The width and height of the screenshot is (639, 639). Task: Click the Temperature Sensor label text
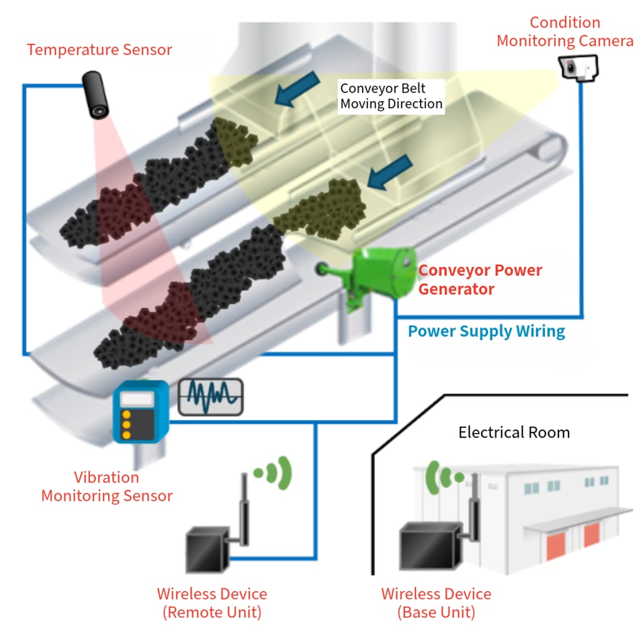pyautogui.click(x=99, y=50)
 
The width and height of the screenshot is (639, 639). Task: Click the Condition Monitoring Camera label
pyautogui.click(x=565, y=32)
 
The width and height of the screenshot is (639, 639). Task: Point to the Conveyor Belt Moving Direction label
pyautogui.click(x=391, y=96)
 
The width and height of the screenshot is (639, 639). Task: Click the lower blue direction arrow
pyautogui.click(x=389, y=172)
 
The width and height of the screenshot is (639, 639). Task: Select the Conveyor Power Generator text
pyautogui.click(x=479, y=280)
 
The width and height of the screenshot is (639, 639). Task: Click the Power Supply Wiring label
pyautogui.click(x=486, y=331)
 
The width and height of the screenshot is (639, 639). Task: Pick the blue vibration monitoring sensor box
pyautogui.click(x=140, y=411)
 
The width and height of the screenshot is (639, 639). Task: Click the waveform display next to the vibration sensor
pyautogui.click(x=211, y=397)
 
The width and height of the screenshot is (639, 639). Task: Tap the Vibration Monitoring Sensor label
pyautogui.click(x=107, y=487)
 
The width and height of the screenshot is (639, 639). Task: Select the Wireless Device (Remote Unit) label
pyautogui.click(x=212, y=603)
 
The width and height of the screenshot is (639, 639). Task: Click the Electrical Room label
pyautogui.click(x=514, y=432)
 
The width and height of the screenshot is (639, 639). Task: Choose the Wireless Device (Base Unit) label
pyautogui.click(x=436, y=603)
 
